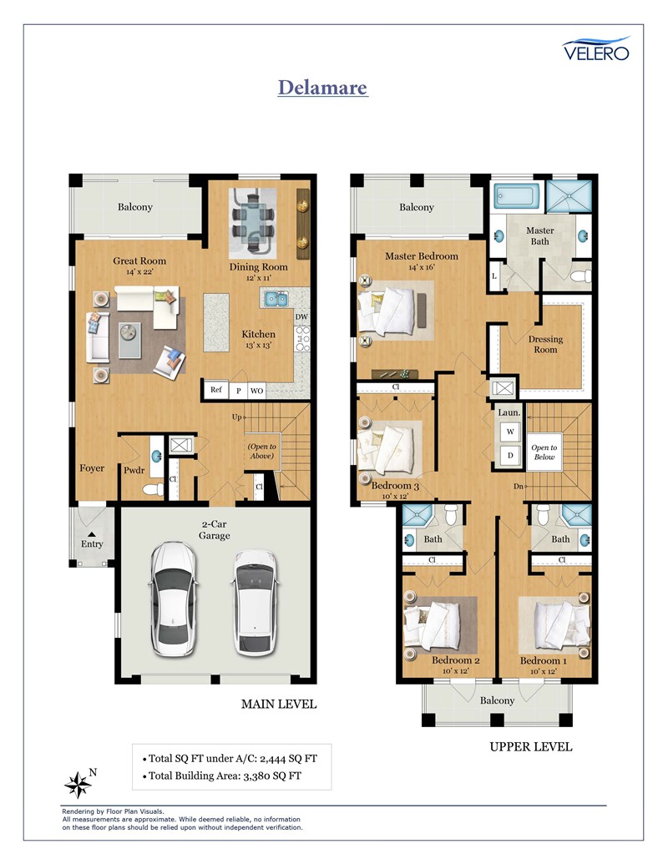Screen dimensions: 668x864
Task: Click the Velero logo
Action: [596, 48]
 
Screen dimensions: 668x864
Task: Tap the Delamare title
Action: [322, 88]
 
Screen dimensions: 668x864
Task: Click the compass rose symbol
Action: [78, 785]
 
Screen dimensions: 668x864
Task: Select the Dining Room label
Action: [259, 266]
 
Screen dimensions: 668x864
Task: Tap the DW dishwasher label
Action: [301, 317]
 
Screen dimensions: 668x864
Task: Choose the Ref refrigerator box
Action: [216, 390]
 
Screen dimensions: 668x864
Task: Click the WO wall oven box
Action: [257, 391]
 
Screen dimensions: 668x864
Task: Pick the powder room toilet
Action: [153, 489]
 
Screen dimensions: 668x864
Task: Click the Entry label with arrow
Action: [92, 541]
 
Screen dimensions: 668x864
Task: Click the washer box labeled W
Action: [510, 432]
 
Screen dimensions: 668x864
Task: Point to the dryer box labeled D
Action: [510, 455]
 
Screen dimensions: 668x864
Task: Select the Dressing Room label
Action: [545, 345]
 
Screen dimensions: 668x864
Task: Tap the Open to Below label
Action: [544, 452]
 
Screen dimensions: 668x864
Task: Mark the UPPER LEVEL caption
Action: [531, 747]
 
